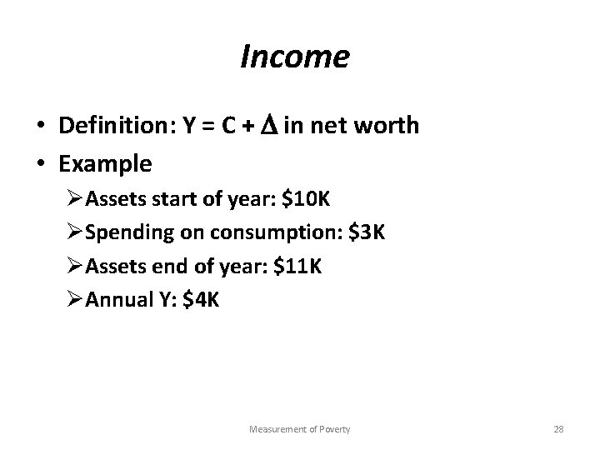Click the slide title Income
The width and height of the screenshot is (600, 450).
coord(294,57)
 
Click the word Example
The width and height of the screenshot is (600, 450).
coord(105,164)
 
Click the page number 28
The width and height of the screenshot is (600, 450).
coord(559,429)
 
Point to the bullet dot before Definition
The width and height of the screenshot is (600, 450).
coord(40,127)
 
